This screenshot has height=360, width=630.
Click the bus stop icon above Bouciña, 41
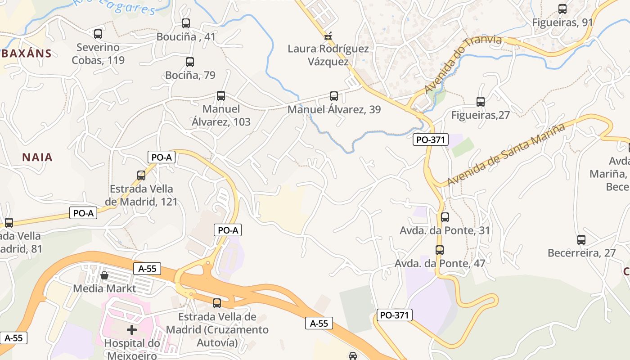click(x=185, y=23)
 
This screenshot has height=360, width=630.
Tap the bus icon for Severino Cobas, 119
click(x=98, y=34)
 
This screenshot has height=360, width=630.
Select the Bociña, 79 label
click(x=190, y=75)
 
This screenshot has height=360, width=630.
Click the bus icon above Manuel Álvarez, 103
click(x=220, y=95)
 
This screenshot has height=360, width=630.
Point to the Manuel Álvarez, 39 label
click(x=334, y=109)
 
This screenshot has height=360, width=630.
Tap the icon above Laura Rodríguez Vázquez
click(x=328, y=36)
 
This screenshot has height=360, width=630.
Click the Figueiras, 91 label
click(x=562, y=22)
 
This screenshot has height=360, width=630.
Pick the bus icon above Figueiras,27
click(x=480, y=102)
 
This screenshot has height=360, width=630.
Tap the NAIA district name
click(x=37, y=157)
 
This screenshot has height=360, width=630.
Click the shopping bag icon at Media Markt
click(x=104, y=275)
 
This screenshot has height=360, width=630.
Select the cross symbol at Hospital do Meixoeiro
click(x=132, y=330)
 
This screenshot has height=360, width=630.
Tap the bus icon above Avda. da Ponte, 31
click(x=445, y=217)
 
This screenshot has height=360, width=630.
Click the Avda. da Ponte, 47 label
click(x=440, y=263)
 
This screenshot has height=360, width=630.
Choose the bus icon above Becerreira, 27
click(x=581, y=240)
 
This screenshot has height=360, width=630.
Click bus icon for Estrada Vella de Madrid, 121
click(x=141, y=175)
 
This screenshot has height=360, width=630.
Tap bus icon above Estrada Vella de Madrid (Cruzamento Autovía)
click(x=217, y=303)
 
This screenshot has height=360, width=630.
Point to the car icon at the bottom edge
click(x=353, y=356)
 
